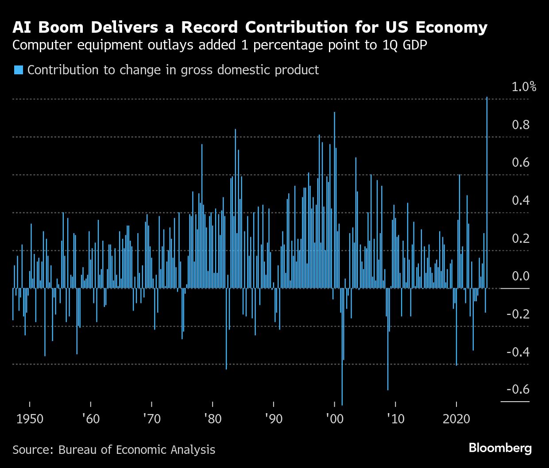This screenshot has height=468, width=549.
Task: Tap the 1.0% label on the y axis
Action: point(524,87)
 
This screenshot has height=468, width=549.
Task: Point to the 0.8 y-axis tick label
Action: point(521,125)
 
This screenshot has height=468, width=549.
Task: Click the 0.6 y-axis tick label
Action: point(521,163)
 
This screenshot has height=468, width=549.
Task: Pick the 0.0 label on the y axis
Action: point(521,276)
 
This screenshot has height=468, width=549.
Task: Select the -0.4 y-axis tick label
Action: point(518,352)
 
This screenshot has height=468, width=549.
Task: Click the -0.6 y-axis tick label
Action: point(518,390)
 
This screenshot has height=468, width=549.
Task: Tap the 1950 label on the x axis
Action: point(30,418)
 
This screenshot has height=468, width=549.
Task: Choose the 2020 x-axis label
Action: point(456,418)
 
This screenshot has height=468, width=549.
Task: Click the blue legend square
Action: point(18,70)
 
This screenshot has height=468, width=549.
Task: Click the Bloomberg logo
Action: point(500,448)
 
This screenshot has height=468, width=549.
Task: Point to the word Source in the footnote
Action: point(32,450)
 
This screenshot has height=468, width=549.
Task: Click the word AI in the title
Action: point(22,27)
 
